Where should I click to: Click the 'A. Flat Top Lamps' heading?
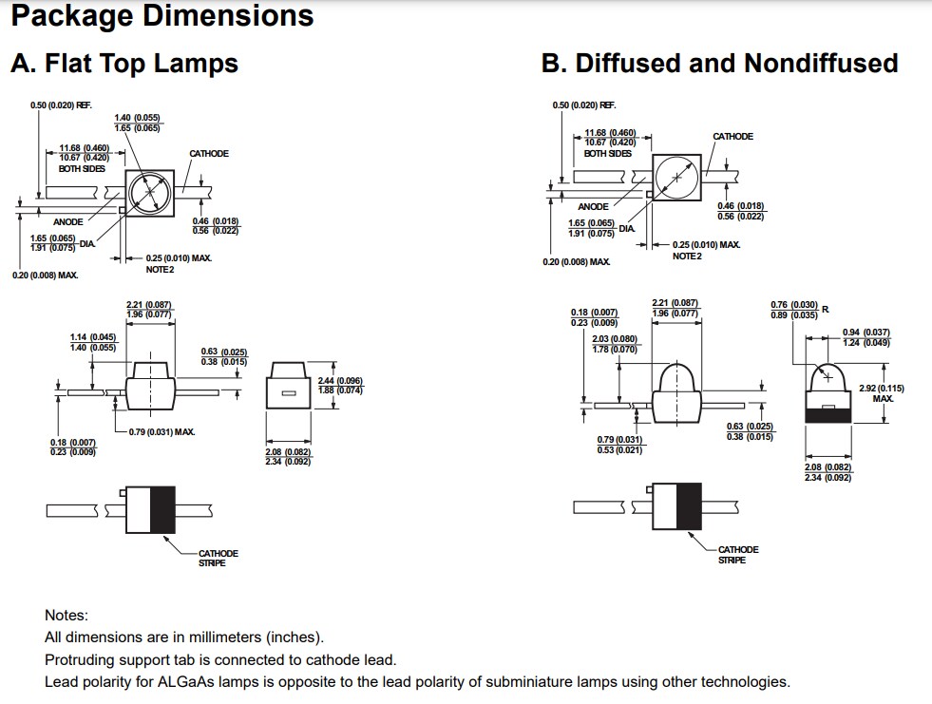click(x=124, y=64)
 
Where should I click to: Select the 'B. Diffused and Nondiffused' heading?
click(x=719, y=64)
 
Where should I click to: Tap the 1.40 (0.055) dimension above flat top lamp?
click(x=137, y=117)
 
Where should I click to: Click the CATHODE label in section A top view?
click(x=209, y=153)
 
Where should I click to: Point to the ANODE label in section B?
click(x=593, y=206)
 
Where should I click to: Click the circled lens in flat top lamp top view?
click(x=149, y=194)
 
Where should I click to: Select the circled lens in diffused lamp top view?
click(x=675, y=177)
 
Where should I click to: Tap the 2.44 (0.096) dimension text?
click(x=340, y=381)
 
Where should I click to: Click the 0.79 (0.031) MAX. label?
click(x=162, y=432)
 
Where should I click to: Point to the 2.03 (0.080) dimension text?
click(x=615, y=339)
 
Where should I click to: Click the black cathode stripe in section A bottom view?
click(x=163, y=509)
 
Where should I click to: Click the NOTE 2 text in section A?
click(x=160, y=269)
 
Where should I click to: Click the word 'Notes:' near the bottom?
click(x=67, y=616)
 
